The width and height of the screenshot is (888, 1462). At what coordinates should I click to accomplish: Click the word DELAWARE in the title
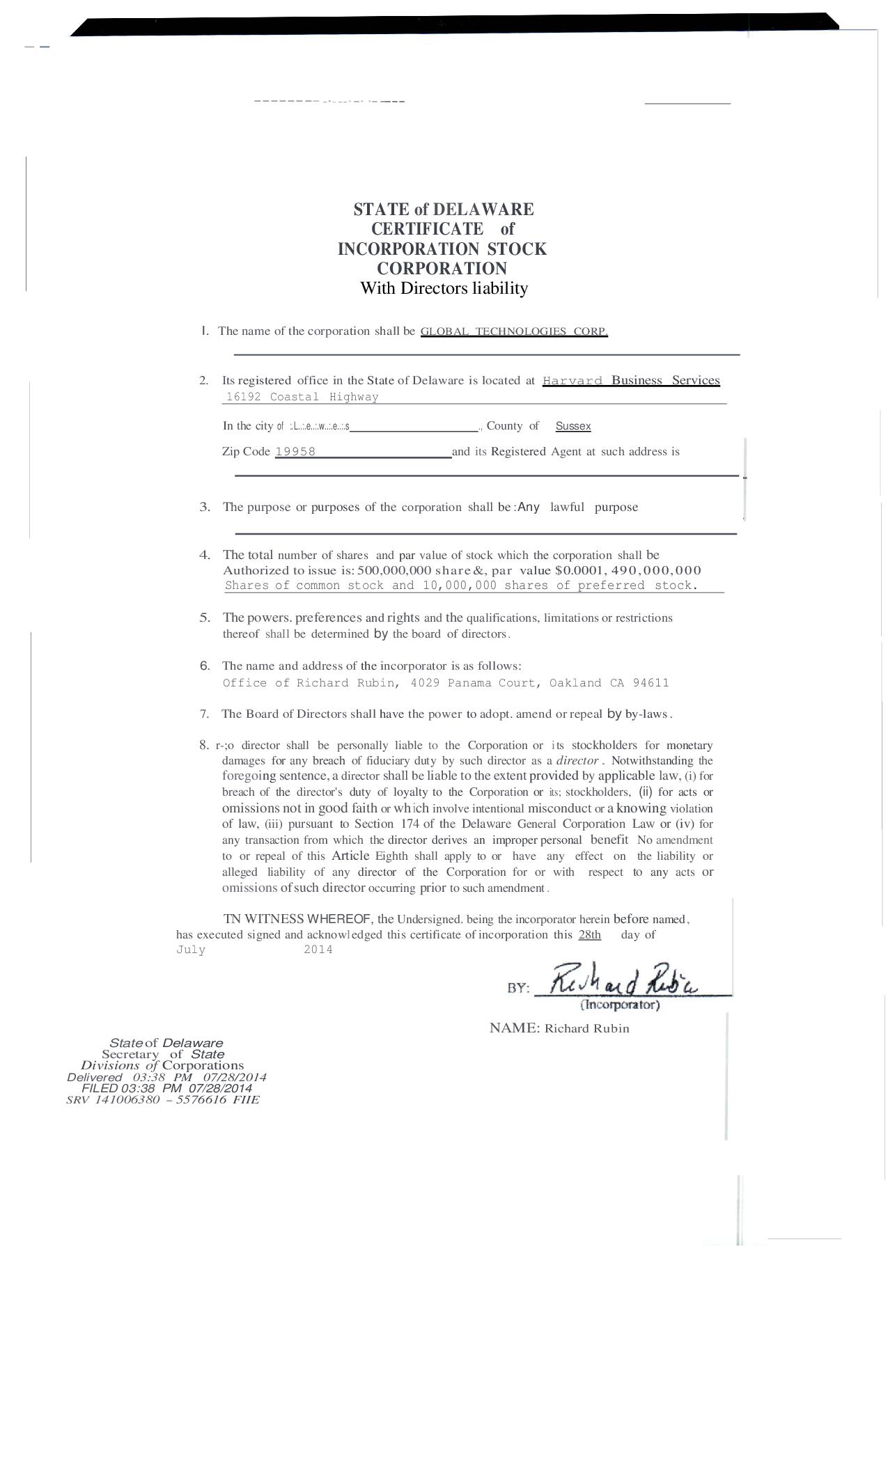(483, 210)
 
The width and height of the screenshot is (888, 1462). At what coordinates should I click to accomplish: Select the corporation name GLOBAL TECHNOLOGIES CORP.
(514, 331)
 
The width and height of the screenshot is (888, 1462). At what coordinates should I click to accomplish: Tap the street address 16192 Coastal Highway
(302, 397)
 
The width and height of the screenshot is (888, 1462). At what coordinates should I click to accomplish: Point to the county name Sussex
(573, 426)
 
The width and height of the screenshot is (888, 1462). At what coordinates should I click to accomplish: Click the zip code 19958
(295, 452)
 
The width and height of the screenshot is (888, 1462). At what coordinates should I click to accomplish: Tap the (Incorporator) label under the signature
(620, 1005)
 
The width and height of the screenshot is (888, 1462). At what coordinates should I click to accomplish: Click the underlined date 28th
(589, 934)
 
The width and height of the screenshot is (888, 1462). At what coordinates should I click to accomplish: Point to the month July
(191, 950)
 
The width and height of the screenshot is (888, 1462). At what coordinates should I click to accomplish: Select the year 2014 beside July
(318, 950)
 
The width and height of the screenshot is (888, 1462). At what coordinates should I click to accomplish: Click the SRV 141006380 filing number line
(163, 1100)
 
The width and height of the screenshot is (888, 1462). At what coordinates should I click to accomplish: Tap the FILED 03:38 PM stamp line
(166, 1088)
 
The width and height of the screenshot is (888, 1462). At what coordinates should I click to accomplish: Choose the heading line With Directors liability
(444, 288)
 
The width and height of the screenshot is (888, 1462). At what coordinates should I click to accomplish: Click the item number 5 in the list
(205, 618)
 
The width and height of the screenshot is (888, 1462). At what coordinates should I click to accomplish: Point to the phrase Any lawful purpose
(577, 507)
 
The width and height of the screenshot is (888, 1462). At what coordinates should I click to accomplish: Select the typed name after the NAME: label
(586, 1029)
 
